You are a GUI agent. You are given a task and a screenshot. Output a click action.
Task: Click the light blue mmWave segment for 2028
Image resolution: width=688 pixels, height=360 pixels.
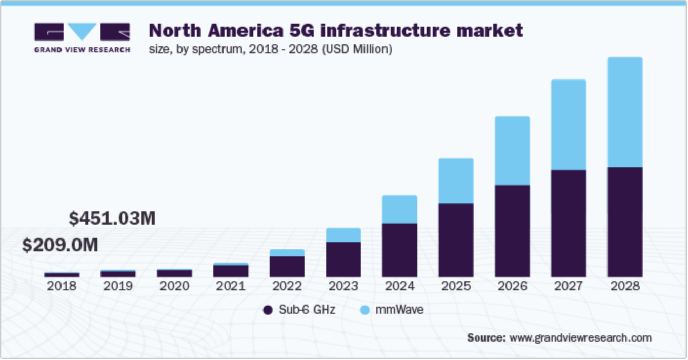pyautogui.click(x=624, y=112)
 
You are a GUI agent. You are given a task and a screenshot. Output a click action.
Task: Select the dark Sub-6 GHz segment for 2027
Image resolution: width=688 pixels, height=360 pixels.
pyautogui.click(x=568, y=223)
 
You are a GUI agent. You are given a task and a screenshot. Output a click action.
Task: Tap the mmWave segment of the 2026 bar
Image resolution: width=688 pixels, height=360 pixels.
pyautogui.click(x=512, y=150)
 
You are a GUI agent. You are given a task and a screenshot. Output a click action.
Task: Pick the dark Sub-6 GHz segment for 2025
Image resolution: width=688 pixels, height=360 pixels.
pyautogui.click(x=456, y=240)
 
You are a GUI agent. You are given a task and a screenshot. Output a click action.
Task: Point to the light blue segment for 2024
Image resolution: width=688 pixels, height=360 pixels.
pyautogui.click(x=399, y=209)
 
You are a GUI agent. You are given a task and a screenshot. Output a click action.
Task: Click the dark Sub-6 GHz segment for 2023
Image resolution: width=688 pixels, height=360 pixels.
pyautogui.click(x=343, y=259)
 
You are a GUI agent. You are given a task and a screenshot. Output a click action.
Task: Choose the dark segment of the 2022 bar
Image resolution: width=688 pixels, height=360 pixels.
pyautogui.click(x=287, y=267)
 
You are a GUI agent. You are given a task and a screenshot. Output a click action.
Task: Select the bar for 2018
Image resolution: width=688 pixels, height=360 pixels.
pyautogui.click(x=62, y=275)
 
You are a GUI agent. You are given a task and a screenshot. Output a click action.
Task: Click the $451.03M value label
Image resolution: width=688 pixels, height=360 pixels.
pyautogui.click(x=112, y=218)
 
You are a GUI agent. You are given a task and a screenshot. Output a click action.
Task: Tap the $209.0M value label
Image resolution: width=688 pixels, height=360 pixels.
pyautogui.click(x=60, y=245)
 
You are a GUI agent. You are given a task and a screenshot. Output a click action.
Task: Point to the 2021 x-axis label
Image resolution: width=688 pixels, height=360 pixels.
pyautogui.click(x=230, y=286)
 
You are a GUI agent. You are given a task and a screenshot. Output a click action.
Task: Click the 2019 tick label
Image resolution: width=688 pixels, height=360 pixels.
pyautogui.click(x=118, y=286)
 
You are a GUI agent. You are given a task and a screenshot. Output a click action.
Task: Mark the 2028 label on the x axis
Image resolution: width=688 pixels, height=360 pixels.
pyautogui.click(x=624, y=286)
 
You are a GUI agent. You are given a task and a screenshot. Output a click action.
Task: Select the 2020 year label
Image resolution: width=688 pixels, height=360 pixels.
pyautogui.click(x=174, y=286)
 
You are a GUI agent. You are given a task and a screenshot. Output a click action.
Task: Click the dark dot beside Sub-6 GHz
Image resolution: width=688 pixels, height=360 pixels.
pyautogui.click(x=267, y=310)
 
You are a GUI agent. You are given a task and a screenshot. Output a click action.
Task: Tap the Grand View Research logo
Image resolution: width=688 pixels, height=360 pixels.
pyautogui.click(x=82, y=37)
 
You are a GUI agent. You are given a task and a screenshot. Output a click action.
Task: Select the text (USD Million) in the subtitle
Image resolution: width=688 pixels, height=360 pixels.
pyautogui.click(x=357, y=50)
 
